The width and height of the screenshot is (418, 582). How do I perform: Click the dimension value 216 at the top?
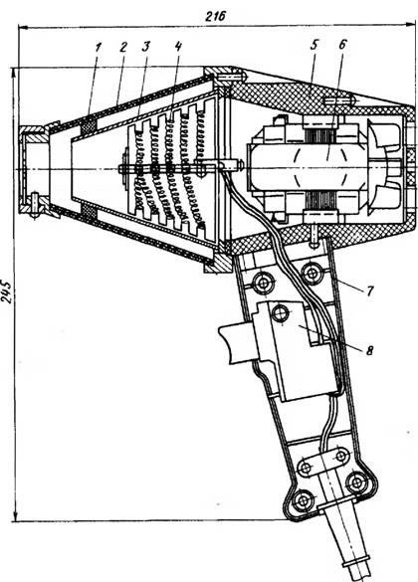coord(215,16)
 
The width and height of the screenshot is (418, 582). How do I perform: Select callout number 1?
coord(98,48)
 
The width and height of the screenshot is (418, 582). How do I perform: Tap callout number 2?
coord(123,47)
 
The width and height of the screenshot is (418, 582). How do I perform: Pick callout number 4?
coord(178,47)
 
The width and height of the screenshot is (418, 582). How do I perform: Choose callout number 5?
coord(314,46)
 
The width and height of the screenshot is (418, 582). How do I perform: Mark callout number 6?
coord(342,44)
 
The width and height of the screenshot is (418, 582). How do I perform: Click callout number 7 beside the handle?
coord(369,291)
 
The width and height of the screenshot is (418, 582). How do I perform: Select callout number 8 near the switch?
coord(369,350)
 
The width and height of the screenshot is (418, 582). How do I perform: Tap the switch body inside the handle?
coord(297,351)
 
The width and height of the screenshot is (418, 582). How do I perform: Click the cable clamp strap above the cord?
coord(323,462)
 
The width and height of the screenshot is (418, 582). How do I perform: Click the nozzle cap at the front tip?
coord(34,170)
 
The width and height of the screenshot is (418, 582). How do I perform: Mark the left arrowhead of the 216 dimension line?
coord(23,27)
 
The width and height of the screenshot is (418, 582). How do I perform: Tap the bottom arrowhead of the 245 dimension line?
coord(15,516)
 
